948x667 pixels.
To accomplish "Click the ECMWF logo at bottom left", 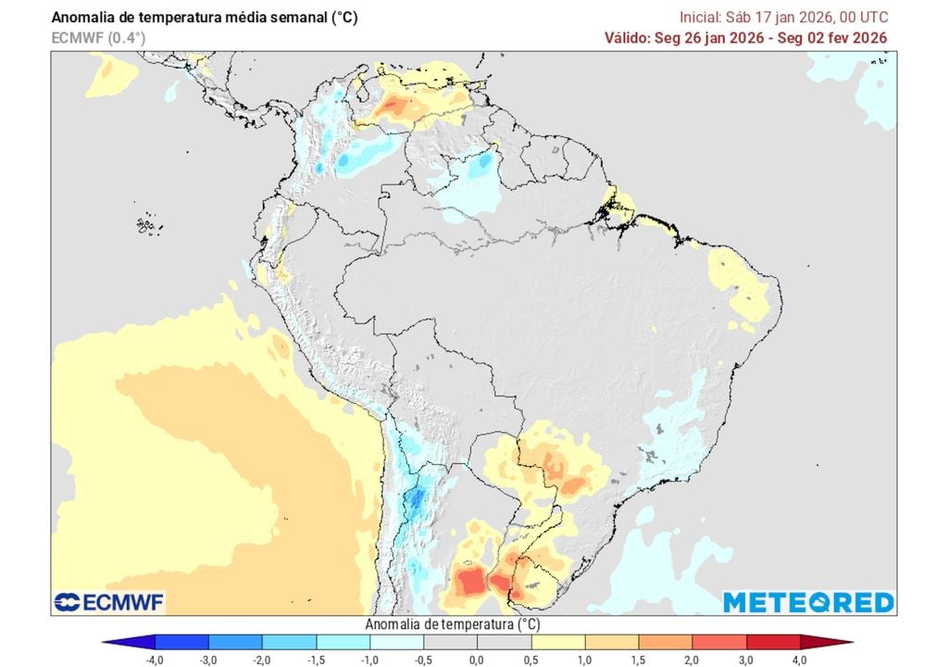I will pos(109,602).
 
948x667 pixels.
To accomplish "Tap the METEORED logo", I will pos(808,602).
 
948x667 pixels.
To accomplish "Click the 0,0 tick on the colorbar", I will pos(476,660).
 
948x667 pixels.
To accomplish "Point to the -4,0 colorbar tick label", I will pos(156,660).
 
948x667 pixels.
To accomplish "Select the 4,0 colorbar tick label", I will pos(799,660).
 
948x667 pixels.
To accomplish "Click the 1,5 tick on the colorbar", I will pos(638,660).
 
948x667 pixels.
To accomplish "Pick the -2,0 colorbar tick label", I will pos(262,660).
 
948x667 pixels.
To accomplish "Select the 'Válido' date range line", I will pos(746,37).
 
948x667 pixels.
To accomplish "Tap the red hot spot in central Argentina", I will pos(470,583).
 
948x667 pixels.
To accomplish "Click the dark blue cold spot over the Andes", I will pos(416,500).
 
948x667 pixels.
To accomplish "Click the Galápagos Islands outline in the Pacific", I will pos(144,224).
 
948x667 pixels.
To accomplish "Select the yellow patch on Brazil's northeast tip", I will pos(739,283).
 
